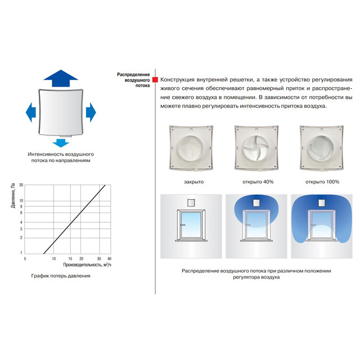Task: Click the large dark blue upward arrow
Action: [x=61, y=79]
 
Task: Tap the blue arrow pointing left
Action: [x=30, y=112]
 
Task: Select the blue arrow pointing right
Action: [x=91, y=112]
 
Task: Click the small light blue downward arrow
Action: [x=61, y=143]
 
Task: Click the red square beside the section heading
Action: [x=155, y=80]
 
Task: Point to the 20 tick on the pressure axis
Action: [x=21, y=185]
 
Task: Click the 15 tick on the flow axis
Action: [x=70, y=259]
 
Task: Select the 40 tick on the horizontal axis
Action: [x=109, y=259]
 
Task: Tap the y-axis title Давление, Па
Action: [x=13, y=195]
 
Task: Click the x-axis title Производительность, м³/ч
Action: [x=87, y=265]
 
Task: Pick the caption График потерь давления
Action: [x=61, y=276]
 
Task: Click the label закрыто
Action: [x=193, y=182]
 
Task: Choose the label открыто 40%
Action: [x=258, y=182]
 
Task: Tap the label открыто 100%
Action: [x=322, y=182]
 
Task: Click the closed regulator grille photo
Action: [x=191, y=148]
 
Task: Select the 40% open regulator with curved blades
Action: [x=256, y=148]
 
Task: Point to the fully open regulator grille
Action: [x=322, y=148]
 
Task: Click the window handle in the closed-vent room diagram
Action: [x=182, y=225]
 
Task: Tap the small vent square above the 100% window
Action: [x=322, y=203]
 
